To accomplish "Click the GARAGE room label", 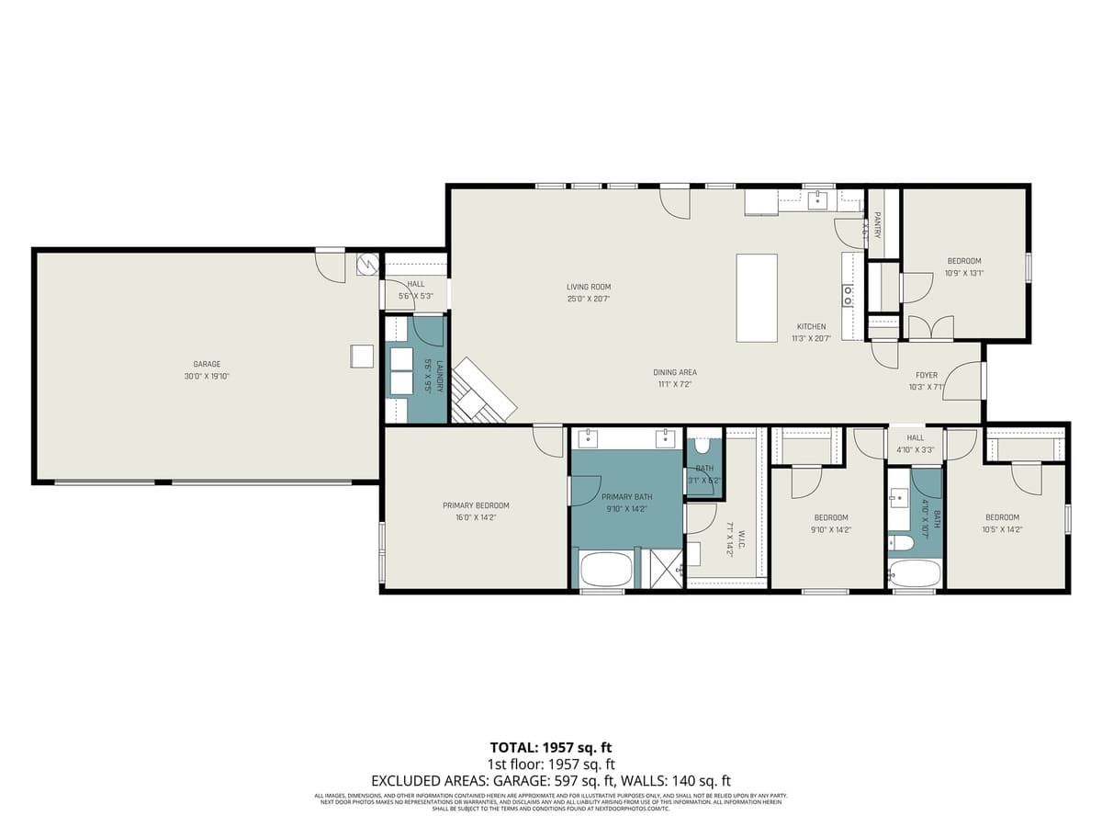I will [207, 364].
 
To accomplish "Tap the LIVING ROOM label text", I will [589, 287].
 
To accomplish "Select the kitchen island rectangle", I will [757, 299].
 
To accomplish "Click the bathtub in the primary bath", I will [605, 570].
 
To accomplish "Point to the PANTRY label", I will [878, 224].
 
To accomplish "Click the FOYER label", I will [926, 375].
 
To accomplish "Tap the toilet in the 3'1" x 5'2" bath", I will [703, 447].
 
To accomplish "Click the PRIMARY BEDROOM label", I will [476, 505].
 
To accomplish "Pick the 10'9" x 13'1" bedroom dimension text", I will [964, 273].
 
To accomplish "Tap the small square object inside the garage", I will [363, 356].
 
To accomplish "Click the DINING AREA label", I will [675, 372].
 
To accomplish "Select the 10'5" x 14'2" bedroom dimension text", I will [1002, 529].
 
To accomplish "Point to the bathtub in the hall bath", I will [915, 574].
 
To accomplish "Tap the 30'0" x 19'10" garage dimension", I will [207, 376].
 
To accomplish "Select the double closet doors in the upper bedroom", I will [930, 329].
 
